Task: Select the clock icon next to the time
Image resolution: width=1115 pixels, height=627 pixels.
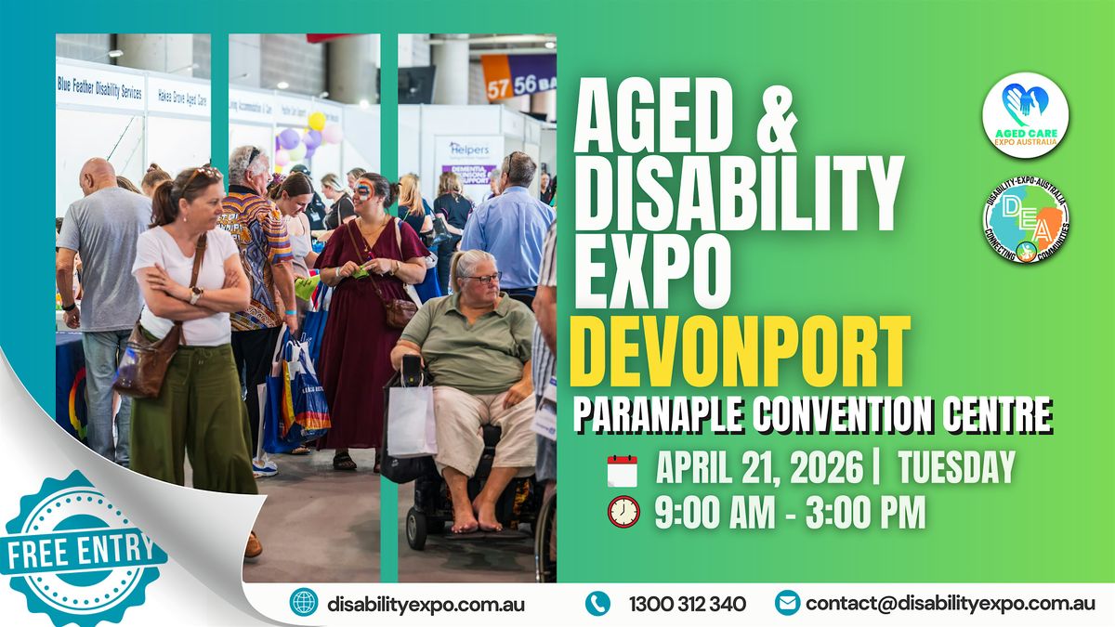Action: (623, 512)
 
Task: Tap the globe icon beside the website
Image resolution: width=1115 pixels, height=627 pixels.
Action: (303, 603)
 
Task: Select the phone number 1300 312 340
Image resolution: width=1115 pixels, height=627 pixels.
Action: (687, 604)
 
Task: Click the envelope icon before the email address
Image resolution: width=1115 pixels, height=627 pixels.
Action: (786, 603)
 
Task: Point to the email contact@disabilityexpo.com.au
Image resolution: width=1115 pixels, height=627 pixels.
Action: (951, 604)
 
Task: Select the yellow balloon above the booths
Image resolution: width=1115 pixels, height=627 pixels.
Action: (317, 121)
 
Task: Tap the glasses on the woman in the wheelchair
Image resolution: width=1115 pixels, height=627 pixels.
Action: (486, 277)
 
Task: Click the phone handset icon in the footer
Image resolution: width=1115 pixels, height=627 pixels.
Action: (597, 603)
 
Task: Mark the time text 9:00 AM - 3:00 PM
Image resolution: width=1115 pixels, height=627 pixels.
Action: (790, 513)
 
